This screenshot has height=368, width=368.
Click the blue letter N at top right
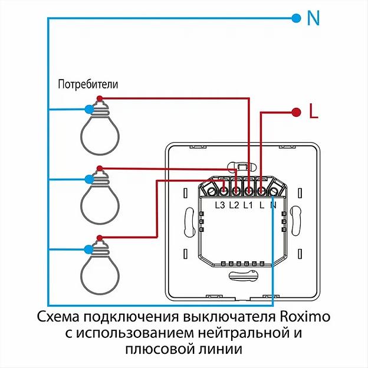click(313, 18)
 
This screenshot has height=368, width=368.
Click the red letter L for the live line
click(314, 111)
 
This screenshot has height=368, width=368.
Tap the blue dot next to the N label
click(295, 18)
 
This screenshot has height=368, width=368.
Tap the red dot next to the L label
click(295, 110)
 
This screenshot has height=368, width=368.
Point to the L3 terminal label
click(220, 205)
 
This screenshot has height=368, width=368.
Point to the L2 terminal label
click(234, 205)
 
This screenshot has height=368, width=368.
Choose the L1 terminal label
click(248, 205)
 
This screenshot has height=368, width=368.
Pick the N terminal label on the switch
click(273, 205)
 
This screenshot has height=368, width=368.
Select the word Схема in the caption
click(58, 317)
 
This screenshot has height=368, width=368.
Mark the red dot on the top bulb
click(100, 98)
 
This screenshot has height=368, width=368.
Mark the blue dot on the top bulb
click(88, 109)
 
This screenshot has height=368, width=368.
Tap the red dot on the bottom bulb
click(100, 238)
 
